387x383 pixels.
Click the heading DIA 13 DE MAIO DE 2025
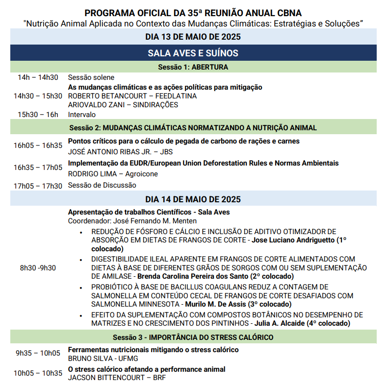point(193,37)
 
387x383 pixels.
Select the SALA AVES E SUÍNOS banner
point(193,53)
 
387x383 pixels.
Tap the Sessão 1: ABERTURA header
point(193,67)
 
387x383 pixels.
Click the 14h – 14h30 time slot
point(38,77)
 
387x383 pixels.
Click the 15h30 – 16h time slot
point(38,115)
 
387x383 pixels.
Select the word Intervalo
point(82,115)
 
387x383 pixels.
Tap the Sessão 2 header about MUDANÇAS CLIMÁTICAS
point(193,128)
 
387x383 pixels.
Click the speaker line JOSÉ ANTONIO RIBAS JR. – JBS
point(117,151)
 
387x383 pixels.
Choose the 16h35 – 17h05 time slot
point(38,168)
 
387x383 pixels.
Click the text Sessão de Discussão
point(102,185)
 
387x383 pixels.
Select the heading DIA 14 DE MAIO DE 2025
point(193,199)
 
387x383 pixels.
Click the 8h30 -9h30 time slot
point(38,268)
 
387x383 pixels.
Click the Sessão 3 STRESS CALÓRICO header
point(193,337)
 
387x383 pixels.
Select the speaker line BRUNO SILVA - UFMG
point(96,358)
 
